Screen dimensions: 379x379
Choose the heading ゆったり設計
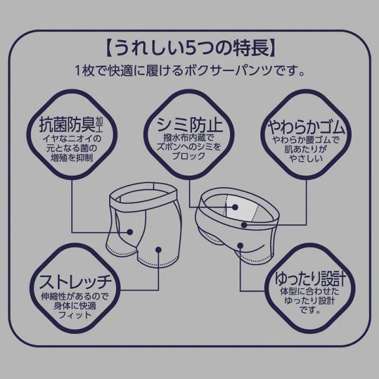coord(307,278)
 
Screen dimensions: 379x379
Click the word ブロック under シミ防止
coord(189,157)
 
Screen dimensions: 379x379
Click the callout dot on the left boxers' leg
coord(159,249)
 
